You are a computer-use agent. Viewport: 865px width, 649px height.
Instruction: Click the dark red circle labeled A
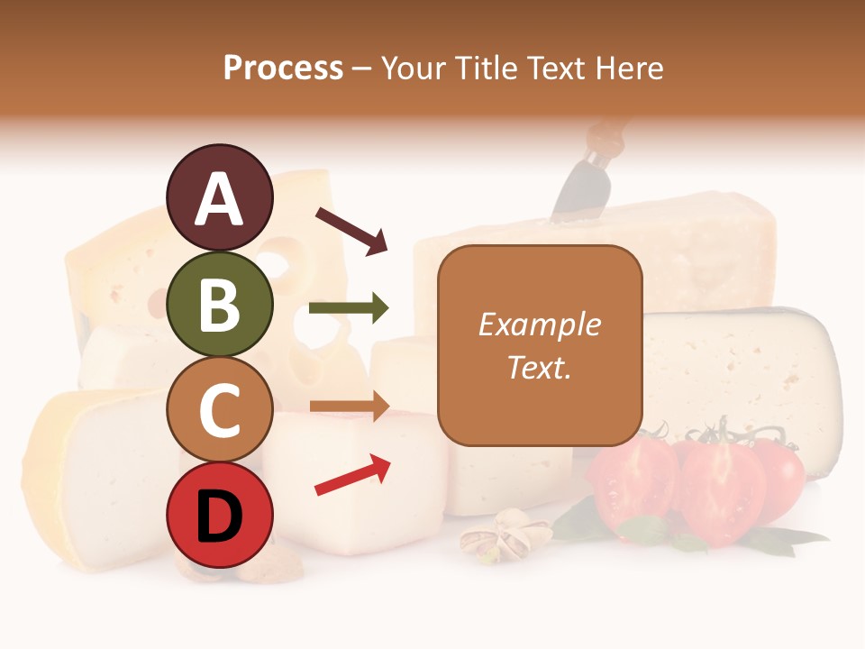[x=219, y=197]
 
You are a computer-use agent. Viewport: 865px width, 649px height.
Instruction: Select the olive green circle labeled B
[x=219, y=304]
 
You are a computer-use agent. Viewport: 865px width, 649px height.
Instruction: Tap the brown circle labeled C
[x=219, y=410]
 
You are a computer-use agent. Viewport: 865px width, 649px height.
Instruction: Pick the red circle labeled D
[x=219, y=516]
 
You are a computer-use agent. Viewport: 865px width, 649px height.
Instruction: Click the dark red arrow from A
[x=351, y=231]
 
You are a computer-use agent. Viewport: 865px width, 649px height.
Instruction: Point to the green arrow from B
[x=349, y=308]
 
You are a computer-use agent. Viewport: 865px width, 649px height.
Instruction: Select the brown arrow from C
[x=349, y=407]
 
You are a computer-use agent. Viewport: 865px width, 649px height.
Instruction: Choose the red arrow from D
[x=352, y=474]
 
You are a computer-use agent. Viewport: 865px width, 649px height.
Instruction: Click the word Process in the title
[x=283, y=69]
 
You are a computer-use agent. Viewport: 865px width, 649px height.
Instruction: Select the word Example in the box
[x=540, y=324]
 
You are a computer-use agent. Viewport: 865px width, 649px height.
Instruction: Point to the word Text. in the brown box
[x=540, y=367]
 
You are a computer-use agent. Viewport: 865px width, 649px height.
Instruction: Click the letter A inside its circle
[x=219, y=199]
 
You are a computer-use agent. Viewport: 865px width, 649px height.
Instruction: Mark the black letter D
[x=219, y=516]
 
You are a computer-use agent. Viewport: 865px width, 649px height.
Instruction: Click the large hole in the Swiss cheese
[x=276, y=264]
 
